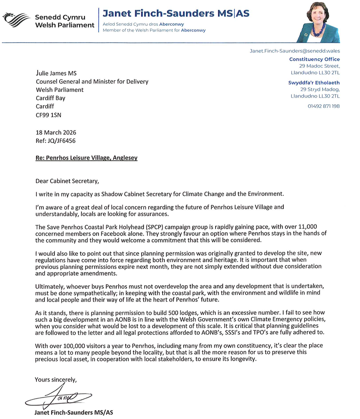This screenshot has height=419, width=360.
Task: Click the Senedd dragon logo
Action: point(16,19)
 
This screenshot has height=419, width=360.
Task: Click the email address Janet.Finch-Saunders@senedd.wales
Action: point(294,51)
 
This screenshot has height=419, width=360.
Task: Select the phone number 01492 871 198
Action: point(324,106)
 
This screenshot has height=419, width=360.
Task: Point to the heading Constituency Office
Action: point(314,59)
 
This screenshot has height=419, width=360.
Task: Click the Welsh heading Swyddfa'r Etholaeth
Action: point(314,82)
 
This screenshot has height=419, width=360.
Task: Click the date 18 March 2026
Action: point(56,133)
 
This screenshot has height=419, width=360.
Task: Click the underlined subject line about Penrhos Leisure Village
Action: point(87,158)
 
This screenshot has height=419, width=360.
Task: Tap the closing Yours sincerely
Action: point(56,380)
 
